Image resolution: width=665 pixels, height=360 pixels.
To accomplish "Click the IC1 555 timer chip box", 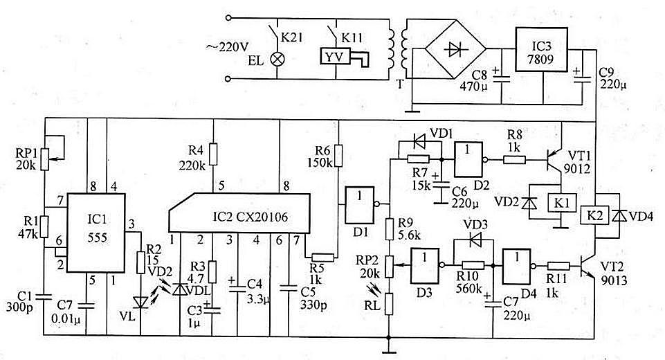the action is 96,233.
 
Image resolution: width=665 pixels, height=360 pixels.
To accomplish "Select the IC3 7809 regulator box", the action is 541,50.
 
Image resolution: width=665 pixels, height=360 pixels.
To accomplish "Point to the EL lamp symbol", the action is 277,59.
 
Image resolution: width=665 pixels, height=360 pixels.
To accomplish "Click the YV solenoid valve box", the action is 335,56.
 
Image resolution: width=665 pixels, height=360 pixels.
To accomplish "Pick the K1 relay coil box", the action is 562,203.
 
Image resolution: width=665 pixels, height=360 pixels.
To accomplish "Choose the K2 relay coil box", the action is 595,215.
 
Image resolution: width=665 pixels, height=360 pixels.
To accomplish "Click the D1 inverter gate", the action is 360,206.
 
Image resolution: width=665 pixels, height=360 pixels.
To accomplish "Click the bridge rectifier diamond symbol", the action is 456,49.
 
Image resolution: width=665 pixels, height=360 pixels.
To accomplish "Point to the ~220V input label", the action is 228,46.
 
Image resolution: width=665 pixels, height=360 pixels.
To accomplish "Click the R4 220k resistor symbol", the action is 213,154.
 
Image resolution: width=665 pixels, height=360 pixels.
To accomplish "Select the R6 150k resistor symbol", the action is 338,156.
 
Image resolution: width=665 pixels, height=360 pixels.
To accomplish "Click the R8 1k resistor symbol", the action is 514,160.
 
